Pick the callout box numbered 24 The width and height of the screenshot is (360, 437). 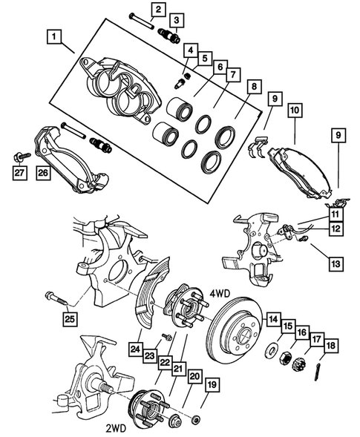tap(135, 346)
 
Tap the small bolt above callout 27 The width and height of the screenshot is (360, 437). tap(19, 157)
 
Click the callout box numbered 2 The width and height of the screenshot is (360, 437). tap(157, 9)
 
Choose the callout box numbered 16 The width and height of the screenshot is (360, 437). tap(302, 333)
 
